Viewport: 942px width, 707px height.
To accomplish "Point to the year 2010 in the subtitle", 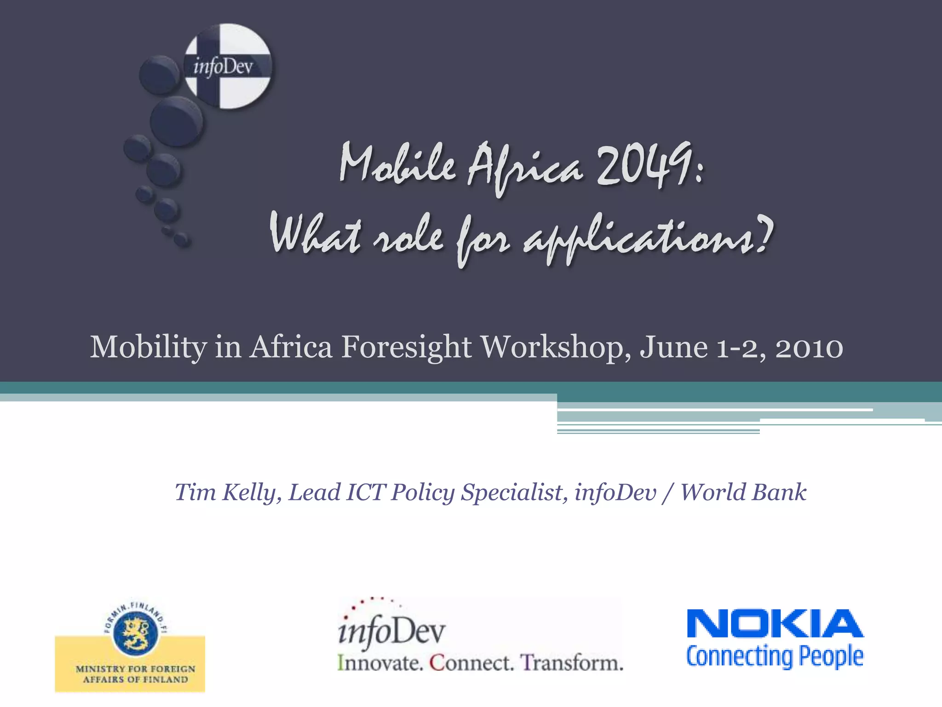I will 809,348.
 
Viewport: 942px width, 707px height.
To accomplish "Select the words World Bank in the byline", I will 743,493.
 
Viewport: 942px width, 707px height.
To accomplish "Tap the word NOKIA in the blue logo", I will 775,624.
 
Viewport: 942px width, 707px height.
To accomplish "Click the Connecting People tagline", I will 775,656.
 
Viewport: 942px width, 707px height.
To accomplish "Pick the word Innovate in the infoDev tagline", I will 380,663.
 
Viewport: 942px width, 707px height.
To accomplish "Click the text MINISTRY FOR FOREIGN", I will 136,668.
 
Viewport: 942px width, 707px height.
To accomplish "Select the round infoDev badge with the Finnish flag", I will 227,67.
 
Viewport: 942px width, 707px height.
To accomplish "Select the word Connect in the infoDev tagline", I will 471,663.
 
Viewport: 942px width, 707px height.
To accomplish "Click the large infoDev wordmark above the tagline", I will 392,631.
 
